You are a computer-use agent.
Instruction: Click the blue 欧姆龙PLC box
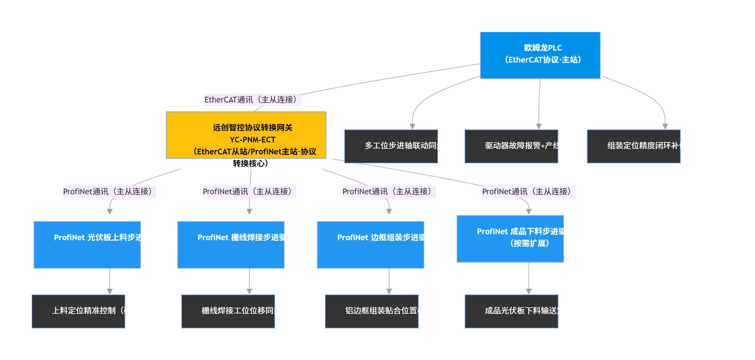click(540, 55)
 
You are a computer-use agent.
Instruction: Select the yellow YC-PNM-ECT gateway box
click(246, 135)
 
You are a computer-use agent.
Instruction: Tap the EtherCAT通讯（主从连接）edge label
click(252, 100)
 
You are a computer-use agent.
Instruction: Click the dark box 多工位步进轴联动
click(391, 146)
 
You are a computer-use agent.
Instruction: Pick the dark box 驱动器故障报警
click(511, 146)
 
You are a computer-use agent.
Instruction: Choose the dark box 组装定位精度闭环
click(633, 146)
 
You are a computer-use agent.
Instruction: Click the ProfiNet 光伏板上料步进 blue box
click(87, 245)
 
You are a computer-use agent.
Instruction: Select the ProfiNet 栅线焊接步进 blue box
click(230, 245)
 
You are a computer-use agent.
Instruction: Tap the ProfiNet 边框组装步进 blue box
click(370, 245)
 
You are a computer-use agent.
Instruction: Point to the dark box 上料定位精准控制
click(78, 311)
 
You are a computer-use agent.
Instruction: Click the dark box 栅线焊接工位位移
click(228, 311)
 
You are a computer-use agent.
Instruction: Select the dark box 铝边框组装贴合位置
click(372, 311)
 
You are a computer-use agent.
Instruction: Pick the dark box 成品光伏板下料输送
click(511, 311)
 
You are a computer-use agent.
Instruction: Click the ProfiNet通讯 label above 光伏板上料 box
click(109, 192)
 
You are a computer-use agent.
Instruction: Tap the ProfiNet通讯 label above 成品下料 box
click(528, 192)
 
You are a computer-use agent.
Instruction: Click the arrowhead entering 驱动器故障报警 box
click(539, 126)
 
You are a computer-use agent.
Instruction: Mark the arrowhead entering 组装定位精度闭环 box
click(665, 126)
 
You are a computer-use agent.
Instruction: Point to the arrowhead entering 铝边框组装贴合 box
click(389, 291)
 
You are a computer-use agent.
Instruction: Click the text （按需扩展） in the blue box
click(529, 244)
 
